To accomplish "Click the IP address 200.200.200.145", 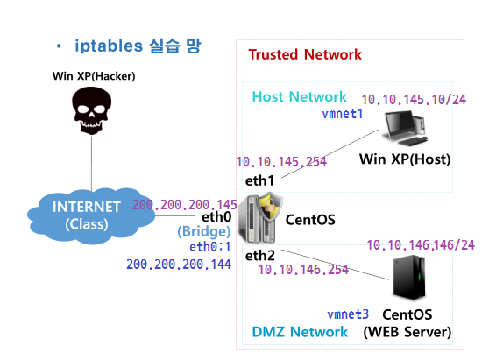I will [185, 204].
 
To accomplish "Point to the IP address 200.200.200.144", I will [179, 264].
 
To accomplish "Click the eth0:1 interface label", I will [210, 248].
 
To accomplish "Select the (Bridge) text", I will [204, 232].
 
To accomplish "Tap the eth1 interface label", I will [260, 180].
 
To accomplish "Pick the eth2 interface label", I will [260, 255].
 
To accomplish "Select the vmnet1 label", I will [343, 115].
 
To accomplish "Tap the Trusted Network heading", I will [305, 54].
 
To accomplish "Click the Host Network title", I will [300, 96].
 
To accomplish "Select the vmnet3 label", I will [348, 314].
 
